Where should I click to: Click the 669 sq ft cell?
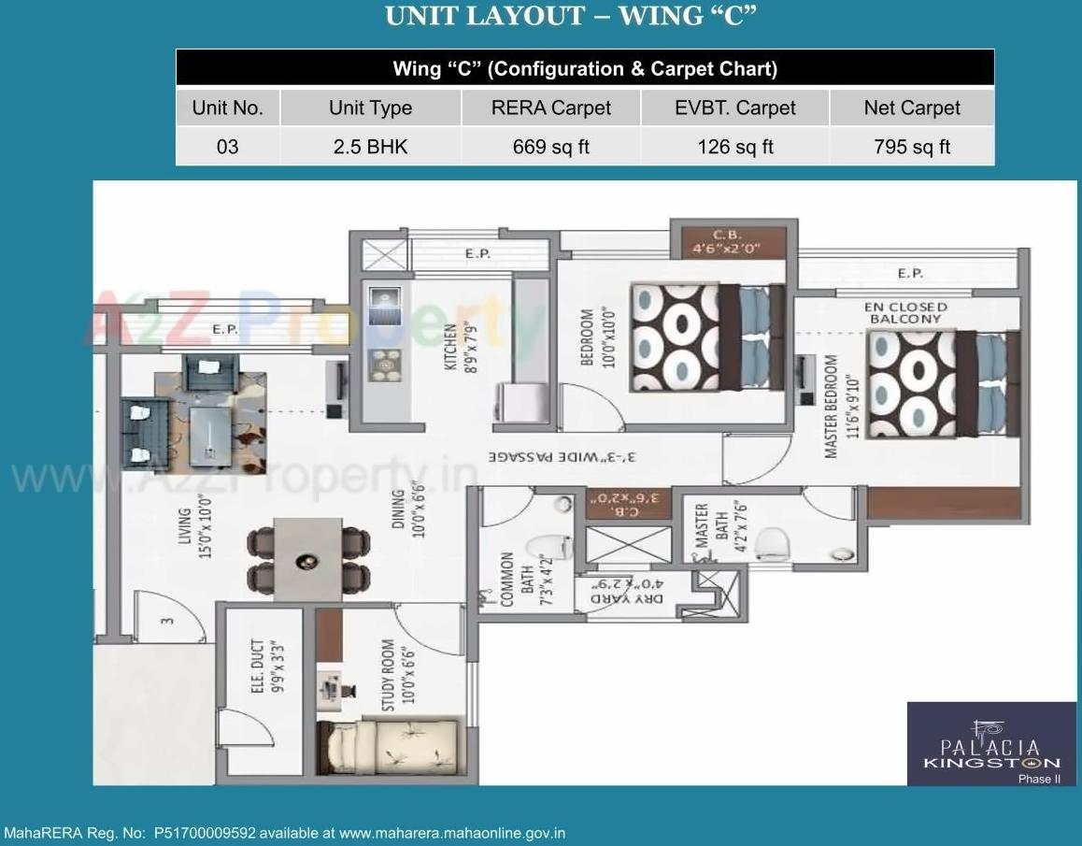pyautogui.click(x=551, y=147)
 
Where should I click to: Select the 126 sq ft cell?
pyautogui.click(x=735, y=147)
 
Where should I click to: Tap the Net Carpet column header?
pyautogui.click(x=911, y=108)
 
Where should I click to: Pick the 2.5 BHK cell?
pyautogui.click(x=370, y=147)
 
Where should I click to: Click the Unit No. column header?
pyautogui.click(x=228, y=108)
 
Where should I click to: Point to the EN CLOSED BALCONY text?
pyautogui.click(x=905, y=312)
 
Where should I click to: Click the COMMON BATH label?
pyautogui.click(x=515, y=579)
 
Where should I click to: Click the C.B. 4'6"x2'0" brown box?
pyautogui.click(x=724, y=242)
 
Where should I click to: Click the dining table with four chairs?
pyautogui.click(x=306, y=561)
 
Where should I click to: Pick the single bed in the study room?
pyautogui.click(x=387, y=749)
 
